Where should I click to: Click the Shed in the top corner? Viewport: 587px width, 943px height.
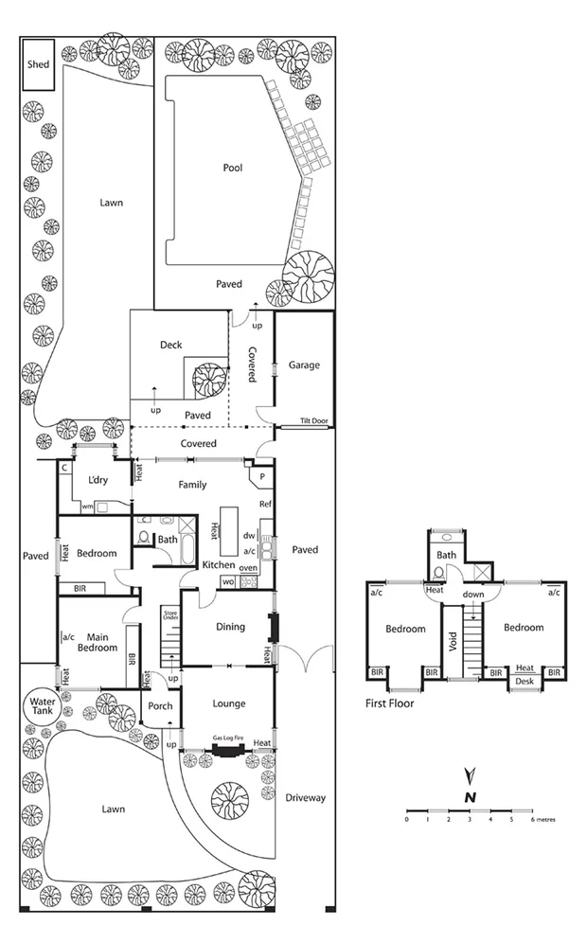pos(39,65)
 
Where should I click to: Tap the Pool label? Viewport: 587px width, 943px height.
pos(233,168)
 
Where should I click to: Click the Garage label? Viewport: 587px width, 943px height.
pos(304,365)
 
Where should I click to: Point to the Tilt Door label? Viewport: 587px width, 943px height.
pos(313,422)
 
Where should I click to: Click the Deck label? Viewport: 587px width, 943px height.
pos(171,345)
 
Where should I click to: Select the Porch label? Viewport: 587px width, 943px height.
pos(159,704)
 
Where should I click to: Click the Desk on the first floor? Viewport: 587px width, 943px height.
pos(525,682)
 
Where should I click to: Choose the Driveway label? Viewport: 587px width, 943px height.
pos(305,798)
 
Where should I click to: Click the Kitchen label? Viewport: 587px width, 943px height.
pos(219,565)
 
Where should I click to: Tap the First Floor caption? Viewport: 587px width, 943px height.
pos(389,704)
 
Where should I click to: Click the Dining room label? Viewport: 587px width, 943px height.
pos(230,627)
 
